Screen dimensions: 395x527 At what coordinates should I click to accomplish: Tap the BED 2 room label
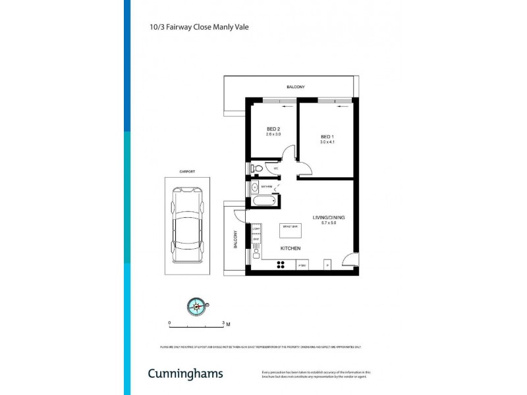tap(273, 128)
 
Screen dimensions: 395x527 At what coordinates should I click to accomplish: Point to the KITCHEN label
tap(291, 248)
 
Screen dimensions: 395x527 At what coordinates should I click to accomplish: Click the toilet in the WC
tap(258, 169)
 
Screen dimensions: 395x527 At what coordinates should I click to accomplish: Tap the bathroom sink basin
tap(255, 187)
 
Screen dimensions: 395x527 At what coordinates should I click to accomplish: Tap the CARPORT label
tap(188, 172)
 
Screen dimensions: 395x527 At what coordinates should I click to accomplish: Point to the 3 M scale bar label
tap(226, 323)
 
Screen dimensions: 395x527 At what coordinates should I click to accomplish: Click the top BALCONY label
tap(296, 87)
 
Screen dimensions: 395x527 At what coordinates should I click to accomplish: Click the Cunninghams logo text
tap(185, 373)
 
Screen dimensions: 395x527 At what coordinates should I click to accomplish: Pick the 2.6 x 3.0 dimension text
tap(273, 134)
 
